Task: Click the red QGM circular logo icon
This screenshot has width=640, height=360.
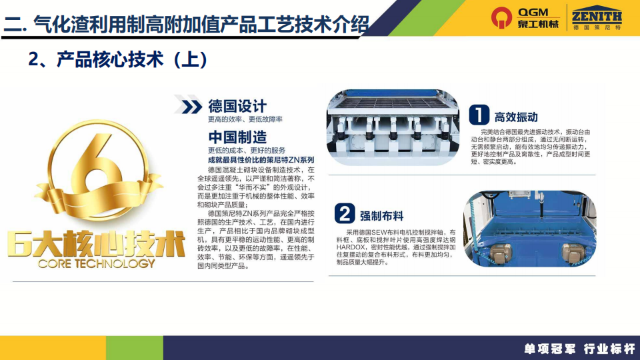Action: point(501,17)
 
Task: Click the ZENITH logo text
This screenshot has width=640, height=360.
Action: point(597,17)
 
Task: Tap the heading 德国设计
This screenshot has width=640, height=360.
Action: point(237,106)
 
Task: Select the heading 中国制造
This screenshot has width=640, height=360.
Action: point(237,137)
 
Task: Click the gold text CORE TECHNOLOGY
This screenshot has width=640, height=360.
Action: point(97,264)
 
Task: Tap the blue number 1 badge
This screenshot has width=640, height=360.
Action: point(479,114)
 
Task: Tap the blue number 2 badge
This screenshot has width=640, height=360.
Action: point(345,213)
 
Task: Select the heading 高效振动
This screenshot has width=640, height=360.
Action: point(516,117)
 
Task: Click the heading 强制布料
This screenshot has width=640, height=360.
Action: point(381,216)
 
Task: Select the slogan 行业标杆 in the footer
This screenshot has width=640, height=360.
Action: point(609,349)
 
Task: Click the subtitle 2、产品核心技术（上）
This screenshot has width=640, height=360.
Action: point(117,59)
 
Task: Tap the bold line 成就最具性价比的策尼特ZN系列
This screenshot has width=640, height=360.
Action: point(261,160)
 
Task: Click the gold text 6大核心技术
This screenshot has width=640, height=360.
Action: point(96,244)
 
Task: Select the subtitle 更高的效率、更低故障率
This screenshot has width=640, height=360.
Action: point(245,119)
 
